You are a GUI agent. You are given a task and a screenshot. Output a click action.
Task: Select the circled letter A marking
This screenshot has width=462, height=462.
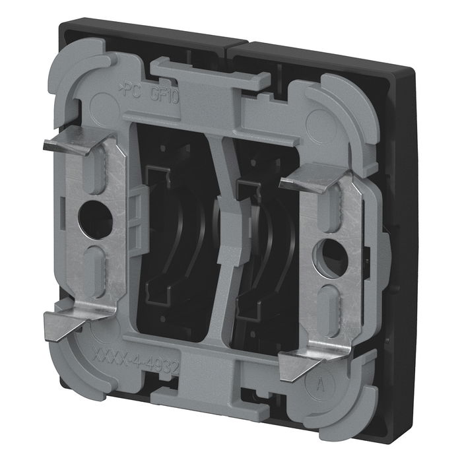tap(320, 382)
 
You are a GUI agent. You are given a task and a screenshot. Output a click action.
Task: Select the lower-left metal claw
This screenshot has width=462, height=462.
tap(62, 325)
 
